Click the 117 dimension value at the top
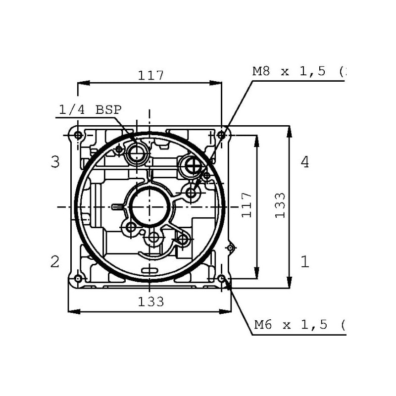click(x=151, y=75)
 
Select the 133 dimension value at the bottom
click(x=151, y=301)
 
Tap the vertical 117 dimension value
click(x=247, y=205)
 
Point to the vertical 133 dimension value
click(x=280, y=205)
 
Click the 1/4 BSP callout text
click(x=90, y=109)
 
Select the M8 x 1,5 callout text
click(x=289, y=71)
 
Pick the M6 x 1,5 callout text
click(x=291, y=324)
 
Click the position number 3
click(x=55, y=162)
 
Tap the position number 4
click(x=305, y=162)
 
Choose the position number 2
click(x=55, y=261)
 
